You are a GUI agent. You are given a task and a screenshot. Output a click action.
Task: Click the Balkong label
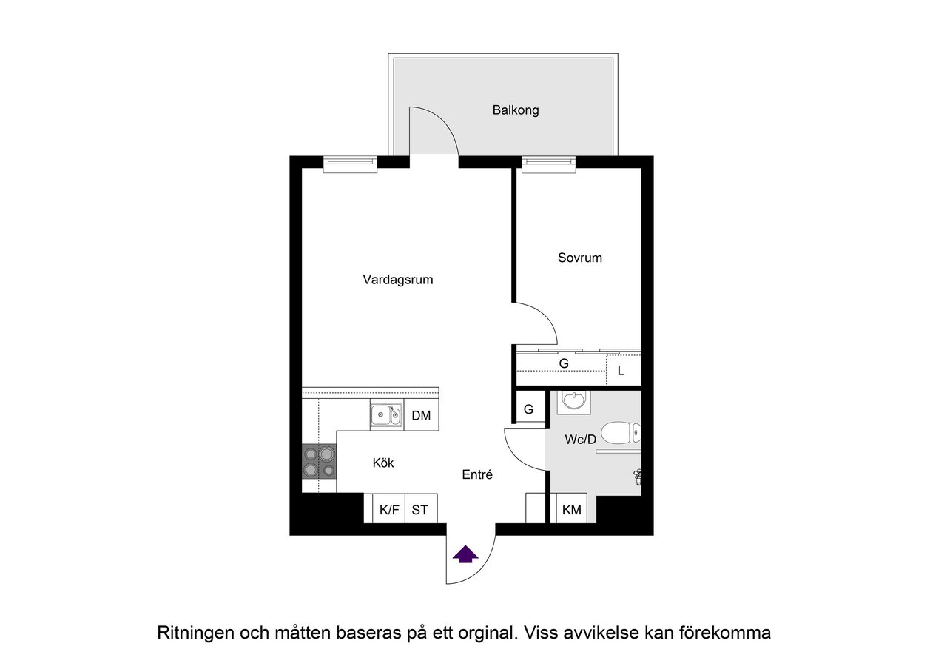pos(516,110)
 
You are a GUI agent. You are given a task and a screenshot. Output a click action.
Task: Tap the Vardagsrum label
pos(397,280)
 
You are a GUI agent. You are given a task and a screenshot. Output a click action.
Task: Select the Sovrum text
pos(579,258)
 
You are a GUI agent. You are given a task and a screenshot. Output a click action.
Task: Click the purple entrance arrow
pos(465,554)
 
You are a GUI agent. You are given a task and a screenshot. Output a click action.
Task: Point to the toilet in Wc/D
pos(621,432)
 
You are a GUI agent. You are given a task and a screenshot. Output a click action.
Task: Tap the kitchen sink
pos(385,415)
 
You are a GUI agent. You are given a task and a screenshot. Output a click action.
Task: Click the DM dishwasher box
pos(421,416)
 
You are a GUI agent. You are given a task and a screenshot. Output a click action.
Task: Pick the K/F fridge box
pos(388,509)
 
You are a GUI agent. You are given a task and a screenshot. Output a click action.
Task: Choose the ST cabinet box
pos(420,509)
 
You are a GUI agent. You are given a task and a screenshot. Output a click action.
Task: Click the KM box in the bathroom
pos(571,509)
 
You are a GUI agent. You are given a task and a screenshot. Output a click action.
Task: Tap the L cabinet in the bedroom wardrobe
pos(621,371)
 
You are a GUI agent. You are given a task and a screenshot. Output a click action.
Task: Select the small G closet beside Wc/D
pos(528,409)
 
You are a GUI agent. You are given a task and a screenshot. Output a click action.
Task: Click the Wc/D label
pos(580,440)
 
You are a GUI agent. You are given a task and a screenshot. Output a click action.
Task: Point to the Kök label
pos(382,463)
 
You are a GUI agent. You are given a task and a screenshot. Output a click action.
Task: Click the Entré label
pos(477,475)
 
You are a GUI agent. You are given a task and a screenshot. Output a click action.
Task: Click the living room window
pos(350,164)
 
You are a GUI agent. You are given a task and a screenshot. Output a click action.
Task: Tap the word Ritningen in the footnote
pos(195,633)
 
